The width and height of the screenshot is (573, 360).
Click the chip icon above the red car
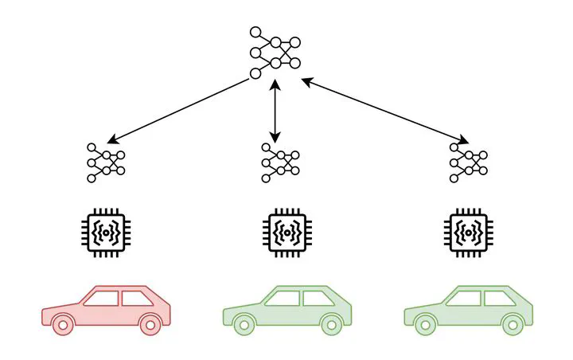pyautogui.click(x=104, y=232)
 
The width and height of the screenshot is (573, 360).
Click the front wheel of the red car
pyautogui.click(x=63, y=324)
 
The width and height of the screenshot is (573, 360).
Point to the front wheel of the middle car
pyautogui.click(x=244, y=324)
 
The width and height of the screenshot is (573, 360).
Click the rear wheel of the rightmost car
pyautogui.click(x=513, y=324)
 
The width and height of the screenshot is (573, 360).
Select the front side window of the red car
pyautogui.click(x=101, y=299)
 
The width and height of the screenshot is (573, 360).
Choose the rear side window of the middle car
pyautogui.click(x=314, y=299)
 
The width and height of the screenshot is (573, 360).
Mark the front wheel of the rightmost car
pyautogui.click(x=426, y=324)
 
